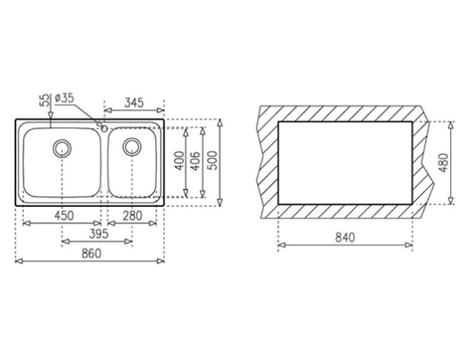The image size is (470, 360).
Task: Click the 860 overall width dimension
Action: point(92,254)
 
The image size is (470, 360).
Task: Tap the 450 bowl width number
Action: point(64,215)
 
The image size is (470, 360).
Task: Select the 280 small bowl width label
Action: point(132,215)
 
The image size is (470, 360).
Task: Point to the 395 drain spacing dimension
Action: point(98,234)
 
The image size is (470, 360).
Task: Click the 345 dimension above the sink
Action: point(134,103)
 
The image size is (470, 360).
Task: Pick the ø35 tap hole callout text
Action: point(65,98)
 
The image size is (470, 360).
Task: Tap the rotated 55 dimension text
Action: point(44,100)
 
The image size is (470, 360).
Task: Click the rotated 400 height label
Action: point(179,161)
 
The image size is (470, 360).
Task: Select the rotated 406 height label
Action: point(195,162)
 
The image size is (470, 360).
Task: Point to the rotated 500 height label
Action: point(212,161)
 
